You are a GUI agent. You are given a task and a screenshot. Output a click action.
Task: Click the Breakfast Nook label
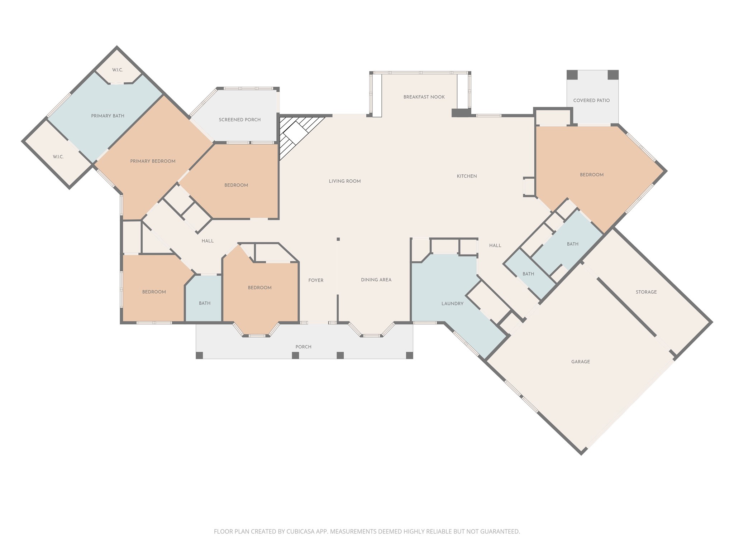424,97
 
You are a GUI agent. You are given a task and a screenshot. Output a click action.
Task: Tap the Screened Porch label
240,120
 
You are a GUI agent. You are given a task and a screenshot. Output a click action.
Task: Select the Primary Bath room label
108,116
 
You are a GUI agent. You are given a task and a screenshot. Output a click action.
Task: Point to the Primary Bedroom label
153,161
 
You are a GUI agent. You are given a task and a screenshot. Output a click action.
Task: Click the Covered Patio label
591,100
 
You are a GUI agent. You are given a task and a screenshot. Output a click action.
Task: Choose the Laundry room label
452,304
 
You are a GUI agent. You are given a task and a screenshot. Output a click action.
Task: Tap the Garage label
581,362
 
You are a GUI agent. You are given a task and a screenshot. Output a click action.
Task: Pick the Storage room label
646,292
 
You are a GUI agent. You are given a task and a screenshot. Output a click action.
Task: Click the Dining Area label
376,280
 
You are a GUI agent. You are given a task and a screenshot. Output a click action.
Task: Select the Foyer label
316,280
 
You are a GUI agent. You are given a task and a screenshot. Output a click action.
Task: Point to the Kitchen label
467,176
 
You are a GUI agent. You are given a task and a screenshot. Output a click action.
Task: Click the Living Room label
345,181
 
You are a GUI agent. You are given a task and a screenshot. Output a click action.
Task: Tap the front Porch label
303,347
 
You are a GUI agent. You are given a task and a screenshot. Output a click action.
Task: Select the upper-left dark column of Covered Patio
572,75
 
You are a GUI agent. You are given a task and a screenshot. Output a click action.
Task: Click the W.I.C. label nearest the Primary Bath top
118,70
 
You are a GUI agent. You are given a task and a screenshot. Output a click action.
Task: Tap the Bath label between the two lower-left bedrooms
205,303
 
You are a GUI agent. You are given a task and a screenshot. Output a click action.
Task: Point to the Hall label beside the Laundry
495,246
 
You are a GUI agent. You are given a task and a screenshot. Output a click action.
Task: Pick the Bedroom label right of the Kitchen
592,175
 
